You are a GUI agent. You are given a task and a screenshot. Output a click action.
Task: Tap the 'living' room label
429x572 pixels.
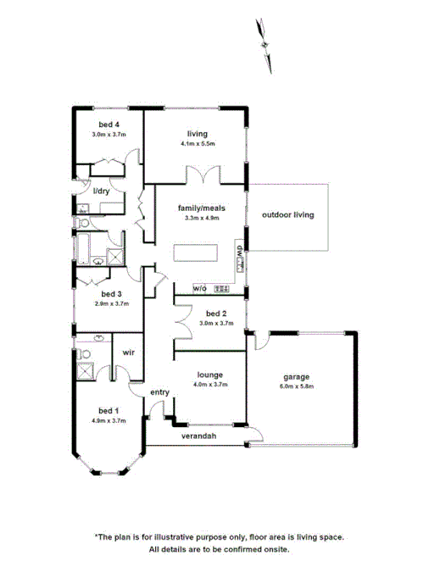[198, 134]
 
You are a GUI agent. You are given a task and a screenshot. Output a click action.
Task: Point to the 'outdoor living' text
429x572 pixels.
[287, 215]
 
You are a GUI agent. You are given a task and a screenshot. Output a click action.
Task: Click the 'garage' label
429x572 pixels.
[296, 377]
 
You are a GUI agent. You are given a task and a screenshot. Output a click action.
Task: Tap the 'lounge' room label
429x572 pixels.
[209, 374]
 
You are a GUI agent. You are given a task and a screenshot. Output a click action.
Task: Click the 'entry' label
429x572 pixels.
[159, 392]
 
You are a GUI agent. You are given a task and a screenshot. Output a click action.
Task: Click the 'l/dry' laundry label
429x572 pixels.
[101, 192]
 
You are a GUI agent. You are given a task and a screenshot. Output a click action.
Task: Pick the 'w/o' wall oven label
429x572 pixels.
[200, 289]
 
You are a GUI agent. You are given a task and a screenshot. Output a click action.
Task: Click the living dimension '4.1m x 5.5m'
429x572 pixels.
[198, 144]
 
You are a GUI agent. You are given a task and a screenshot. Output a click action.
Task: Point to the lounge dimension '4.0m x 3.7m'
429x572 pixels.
[209, 384]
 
